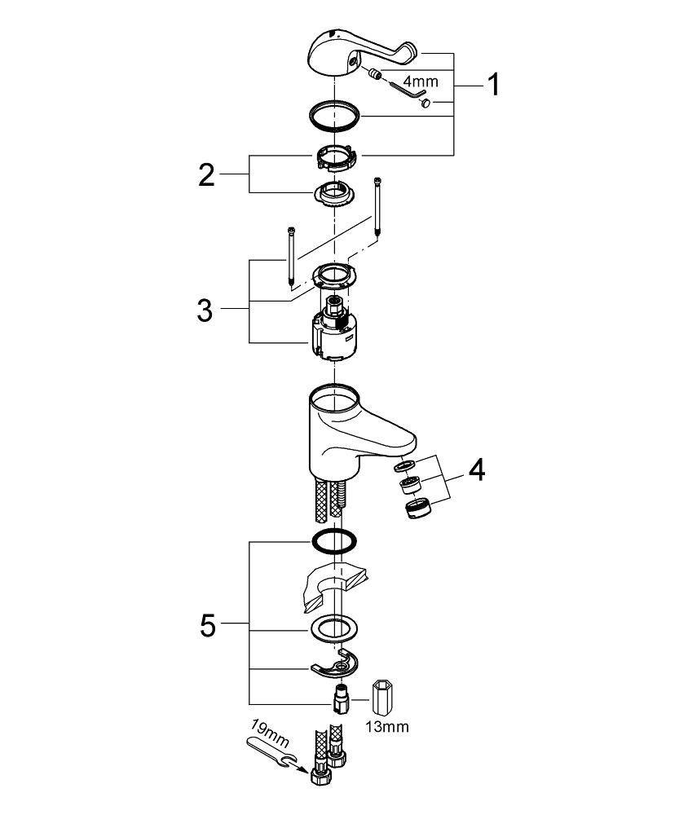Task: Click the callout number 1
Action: (x=493, y=85)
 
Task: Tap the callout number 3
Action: (x=205, y=311)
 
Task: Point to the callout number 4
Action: (x=477, y=470)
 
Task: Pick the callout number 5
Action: (x=207, y=625)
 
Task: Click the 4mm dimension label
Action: (x=421, y=81)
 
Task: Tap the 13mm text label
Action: (x=386, y=726)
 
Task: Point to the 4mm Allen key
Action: (x=407, y=87)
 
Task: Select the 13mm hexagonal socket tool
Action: (x=382, y=697)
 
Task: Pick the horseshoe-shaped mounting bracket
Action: (x=334, y=664)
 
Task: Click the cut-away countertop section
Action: (x=333, y=584)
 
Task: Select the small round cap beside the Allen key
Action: (x=425, y=103)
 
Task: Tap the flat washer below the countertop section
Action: (x=334, y=629)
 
